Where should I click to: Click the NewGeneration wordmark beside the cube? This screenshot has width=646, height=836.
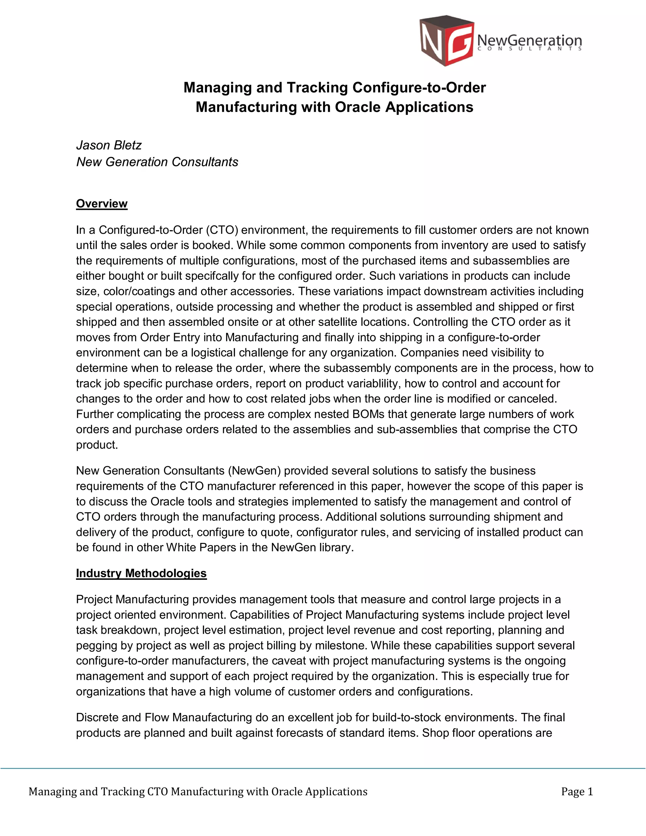(x=530, y=40)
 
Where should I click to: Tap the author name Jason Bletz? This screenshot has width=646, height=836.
(x=109, y=145)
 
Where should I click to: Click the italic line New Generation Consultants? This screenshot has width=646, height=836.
(x=157, y=162)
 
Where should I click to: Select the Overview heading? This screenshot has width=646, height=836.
(x=102, y=204)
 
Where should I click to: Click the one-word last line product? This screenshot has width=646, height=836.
(x=97, y=445)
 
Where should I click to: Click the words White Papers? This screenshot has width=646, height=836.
(x=201, y=547)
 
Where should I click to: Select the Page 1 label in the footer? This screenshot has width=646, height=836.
(x=577, y=792)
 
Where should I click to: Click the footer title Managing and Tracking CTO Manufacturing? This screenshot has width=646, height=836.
(x=197, y=792)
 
